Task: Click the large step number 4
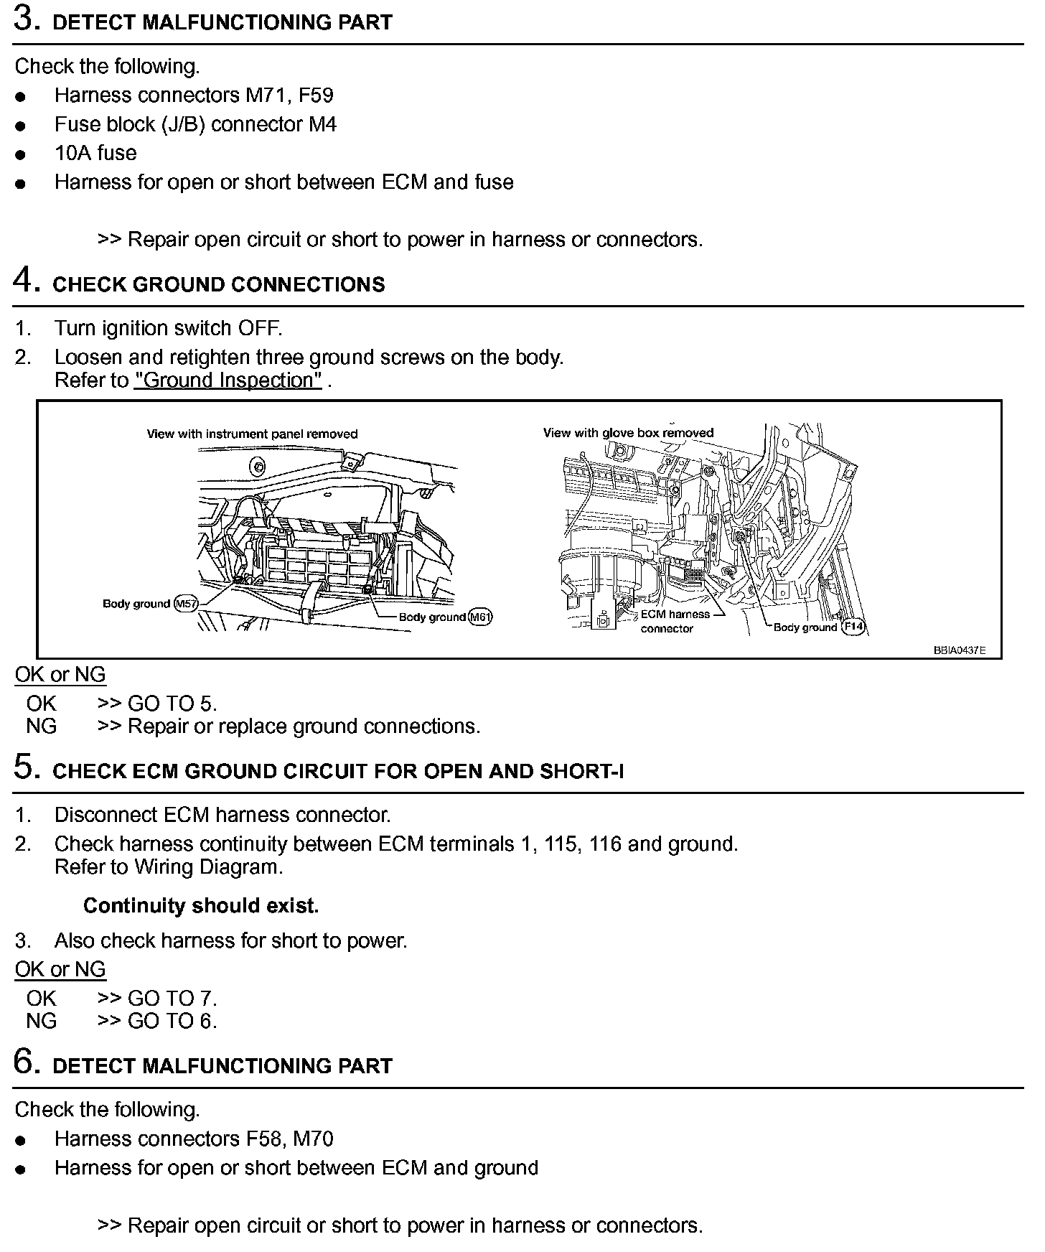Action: coord(25,281)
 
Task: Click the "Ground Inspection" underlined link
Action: coord(228,380)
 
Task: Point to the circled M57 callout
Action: coord(186,604)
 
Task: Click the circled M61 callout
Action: coord(480,617)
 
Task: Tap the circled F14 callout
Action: coord(853,626)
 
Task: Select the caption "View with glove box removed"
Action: coord(628,433)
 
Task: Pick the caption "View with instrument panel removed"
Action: coord(252,434)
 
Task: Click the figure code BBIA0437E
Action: coord(959,650)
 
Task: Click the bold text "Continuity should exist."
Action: coord(201,906)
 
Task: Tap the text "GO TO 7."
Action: coord(172,998)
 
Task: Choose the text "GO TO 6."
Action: coord(172,1021)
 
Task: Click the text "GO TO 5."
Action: coord(172,704)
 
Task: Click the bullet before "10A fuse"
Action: coord(21,154)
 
